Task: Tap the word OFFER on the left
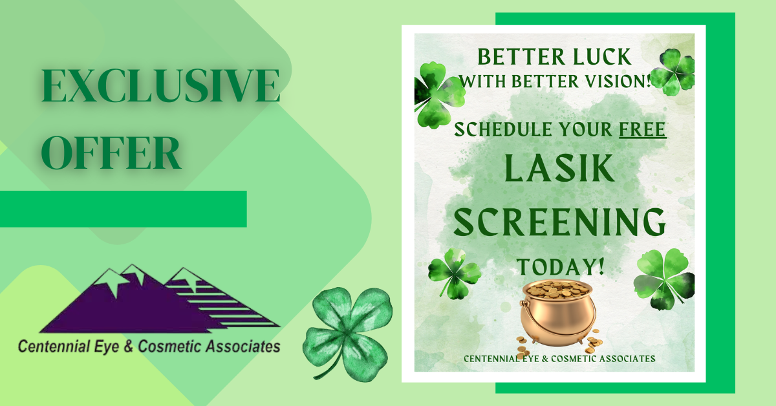pyautogui.click(x=111, y=153)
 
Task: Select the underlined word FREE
pyautogui.click(x=642, y=129)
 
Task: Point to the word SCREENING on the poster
pyautogui.click(x=559, y=222)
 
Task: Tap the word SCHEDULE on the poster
pyautogui.click(x=497, y=129)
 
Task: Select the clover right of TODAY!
pyautogui.click(x=663, y=279)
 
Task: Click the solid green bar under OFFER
pyautogui.click(x=123, y=209)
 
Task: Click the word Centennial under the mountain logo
pyautogui.click(x=51, y=347)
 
